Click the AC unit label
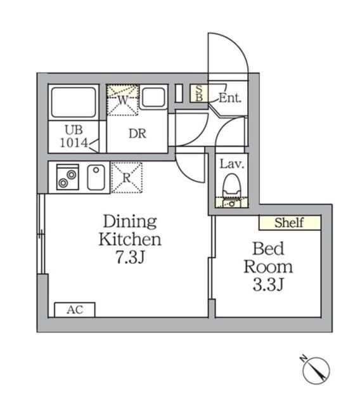tap(75, 310)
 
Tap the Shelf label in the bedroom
tap(289, 223)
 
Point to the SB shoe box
tap(198, 93)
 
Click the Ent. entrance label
tap(229, 98)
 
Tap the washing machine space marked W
tap(122, 100)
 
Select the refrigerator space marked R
tap(126, 177)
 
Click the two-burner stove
tap(67, 177)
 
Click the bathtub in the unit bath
tap(74, 101)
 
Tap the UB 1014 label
tap(74, 136)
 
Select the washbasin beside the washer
tap(153, 97)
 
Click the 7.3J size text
tap(129, 258)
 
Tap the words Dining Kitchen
tap(129, 230)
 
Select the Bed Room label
tap(268, 256)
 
